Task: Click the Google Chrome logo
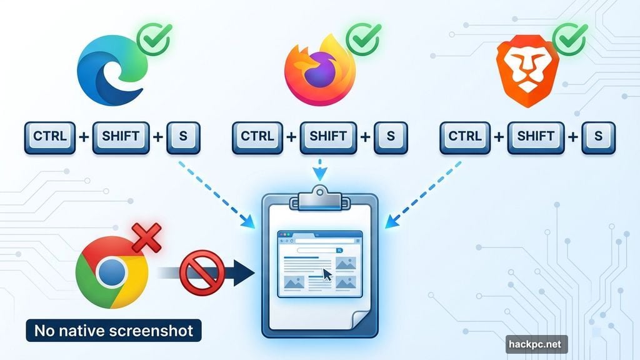pyautogui.click(x=111, y=272)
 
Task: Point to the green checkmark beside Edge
pyautogui.click(x=154, y=39)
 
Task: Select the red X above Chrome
pyautogui.click(x=146, y=238)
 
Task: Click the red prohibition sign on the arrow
pyautogui.click(x=201, y=272)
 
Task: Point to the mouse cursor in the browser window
pyautogui.click(x=327, y=275)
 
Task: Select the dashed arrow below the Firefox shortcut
pyautogui.click(x=320, y=169)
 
